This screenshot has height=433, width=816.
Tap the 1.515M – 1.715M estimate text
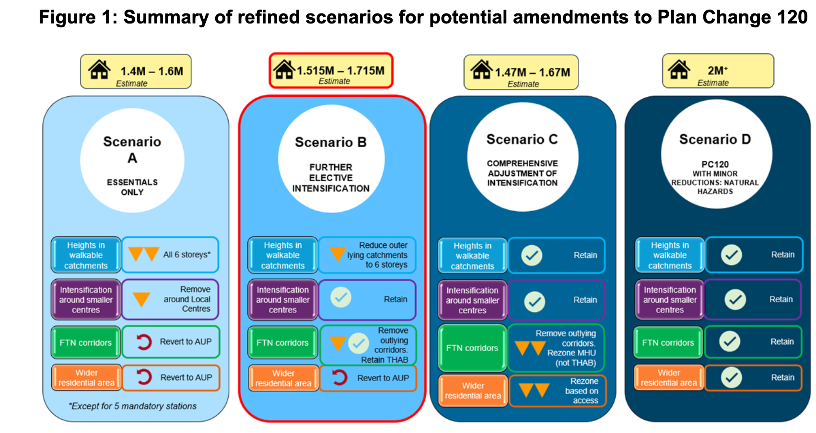(x=340, y=70)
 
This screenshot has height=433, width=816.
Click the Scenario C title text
(x=522, y=139)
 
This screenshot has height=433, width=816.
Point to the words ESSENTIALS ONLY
(x=132, y=187)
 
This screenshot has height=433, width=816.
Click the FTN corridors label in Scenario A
(x=86, y=342)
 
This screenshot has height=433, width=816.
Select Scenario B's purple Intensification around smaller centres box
(x=283, y=299)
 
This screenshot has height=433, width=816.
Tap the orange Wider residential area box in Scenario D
(x=669, y=378)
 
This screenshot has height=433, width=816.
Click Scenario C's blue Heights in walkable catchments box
(x=472, y=256)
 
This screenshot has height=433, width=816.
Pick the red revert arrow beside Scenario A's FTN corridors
(x=143, y=342)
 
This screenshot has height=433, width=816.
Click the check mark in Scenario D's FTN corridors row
(x=730, y=342)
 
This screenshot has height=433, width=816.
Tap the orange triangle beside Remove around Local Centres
(x=141, y=299)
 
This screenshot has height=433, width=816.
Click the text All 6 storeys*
(x=187, y=254)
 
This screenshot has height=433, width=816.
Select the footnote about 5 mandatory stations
(x=133, y=406)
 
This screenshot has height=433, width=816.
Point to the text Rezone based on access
(x=582, y=391)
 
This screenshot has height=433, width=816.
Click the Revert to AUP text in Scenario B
(x=383, y=378)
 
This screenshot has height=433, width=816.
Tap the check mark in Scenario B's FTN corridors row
(x=359, y=343)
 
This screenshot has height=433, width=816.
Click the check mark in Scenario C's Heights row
(x=532, y=255)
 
